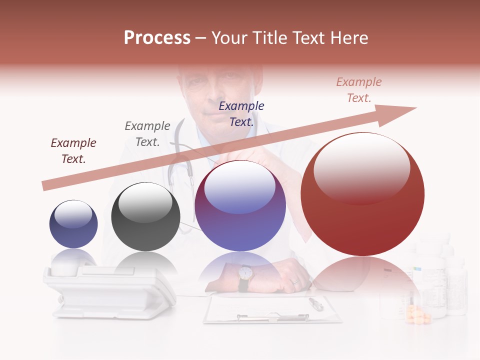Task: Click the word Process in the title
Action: (x=157, y=38)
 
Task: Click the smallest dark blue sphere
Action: (x=73, y=224)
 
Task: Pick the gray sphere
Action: (x=145, y=216)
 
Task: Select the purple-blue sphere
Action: (x=240, y=205)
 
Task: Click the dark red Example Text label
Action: (x=73, y=151)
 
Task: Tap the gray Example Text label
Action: (x=147, y=134)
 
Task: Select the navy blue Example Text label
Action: (x=241, y=113)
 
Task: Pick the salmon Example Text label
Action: (x=359, y=90)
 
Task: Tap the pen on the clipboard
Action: (x=316, y=303)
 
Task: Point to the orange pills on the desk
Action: (x=418, y=315)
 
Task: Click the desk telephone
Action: (x=110, y=290)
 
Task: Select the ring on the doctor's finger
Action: (x=295, y=281)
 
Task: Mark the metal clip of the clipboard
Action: (x=272, y=317)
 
